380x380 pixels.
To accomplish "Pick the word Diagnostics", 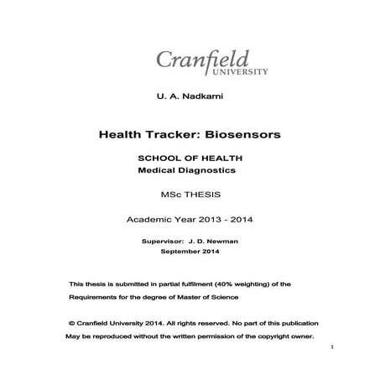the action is [x=206, y=169].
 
